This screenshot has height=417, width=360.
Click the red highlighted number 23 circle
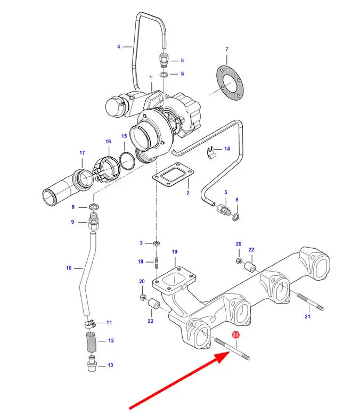click(235, 334)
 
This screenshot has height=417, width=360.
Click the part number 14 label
click(227, 149)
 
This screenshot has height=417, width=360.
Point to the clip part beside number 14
click(210, 153)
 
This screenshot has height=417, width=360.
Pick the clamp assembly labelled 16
click(107, 170)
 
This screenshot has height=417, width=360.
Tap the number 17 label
click(82, 153)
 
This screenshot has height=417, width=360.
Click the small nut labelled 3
click(157, 243)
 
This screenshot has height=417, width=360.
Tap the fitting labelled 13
click(91, 363)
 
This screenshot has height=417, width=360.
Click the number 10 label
click(69, 268)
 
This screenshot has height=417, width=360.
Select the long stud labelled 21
click(310, 301)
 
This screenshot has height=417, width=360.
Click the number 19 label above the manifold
click(175, 251)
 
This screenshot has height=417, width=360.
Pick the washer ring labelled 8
click(94, 206)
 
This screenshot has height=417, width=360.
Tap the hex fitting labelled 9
click(94, 223)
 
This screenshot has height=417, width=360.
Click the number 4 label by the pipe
click(119, 47)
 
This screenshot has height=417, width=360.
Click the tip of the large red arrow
click(230, 352)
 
